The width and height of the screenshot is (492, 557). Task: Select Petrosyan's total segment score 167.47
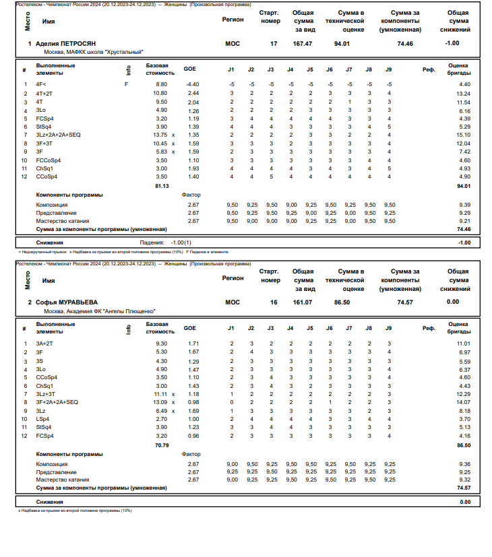[x=303, y=43]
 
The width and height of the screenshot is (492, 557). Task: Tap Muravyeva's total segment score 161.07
[x=303, y=302]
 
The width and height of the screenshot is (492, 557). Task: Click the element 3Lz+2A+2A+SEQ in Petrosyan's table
[x=59, y=135]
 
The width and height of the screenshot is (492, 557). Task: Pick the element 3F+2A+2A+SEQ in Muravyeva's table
[x=57, y=402]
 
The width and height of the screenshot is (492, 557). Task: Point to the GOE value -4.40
[x=192, y=84]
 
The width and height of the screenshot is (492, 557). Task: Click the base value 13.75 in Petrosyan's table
[x=160, y=135]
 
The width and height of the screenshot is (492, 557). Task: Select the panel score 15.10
[x=463, y=135]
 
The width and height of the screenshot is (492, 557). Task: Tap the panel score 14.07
[x=463, y=402]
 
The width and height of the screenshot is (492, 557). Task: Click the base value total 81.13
[x=162, y=185]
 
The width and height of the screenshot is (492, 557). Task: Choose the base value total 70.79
[x=162, y=445]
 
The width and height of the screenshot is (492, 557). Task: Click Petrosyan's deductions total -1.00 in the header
[x=452, y=43]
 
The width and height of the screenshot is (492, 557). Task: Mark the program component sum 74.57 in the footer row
[x=463, y=487]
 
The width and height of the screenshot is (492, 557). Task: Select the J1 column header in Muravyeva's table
[x=231, y=328]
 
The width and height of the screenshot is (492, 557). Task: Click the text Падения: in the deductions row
[x=152, y=242]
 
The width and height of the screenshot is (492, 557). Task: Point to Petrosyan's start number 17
[x=273, y=43]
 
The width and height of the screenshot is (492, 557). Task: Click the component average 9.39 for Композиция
[x=463, y=204]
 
